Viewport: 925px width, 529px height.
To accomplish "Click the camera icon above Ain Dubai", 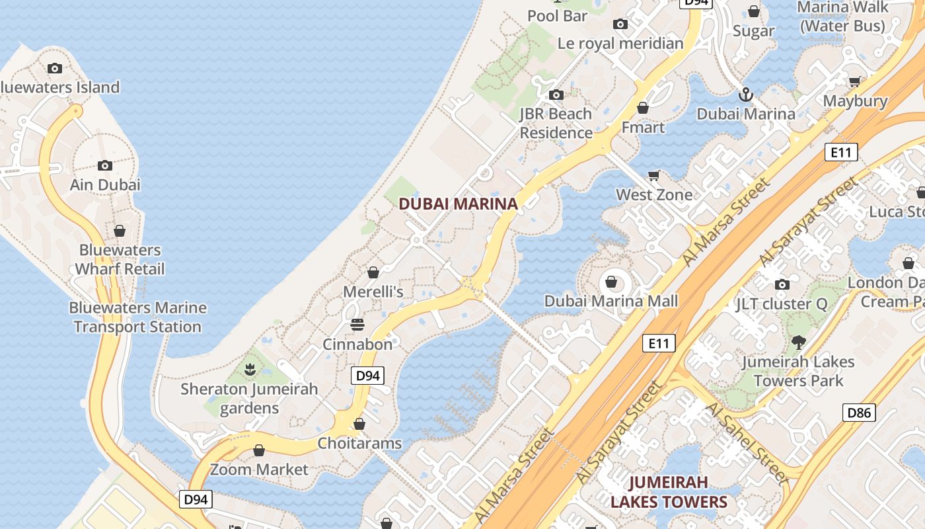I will (x=105, y=165).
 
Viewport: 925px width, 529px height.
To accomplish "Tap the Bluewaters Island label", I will (x=59, y=87).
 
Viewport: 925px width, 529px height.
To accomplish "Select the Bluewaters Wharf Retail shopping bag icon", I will (x=120, y=231).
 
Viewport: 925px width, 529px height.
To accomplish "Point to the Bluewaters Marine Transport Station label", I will (x=137, y=317).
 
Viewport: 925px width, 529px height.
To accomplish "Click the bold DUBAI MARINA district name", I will (x=458, y=204).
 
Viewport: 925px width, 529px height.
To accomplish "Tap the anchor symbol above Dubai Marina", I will (x=746, y=95).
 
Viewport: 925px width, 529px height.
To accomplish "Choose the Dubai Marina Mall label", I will (x=611, y=302).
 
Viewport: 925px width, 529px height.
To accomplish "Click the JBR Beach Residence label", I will (x=556, y=123).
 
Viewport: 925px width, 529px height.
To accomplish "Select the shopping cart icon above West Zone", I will (x=654, y=175).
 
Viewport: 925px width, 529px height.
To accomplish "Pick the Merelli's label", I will (x=373, y=292).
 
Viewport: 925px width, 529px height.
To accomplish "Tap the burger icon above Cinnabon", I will (x=357, y=325).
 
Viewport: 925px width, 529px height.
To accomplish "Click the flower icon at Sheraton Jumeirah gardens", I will (x=250, y=369).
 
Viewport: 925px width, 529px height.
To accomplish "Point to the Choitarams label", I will (x=359, y=443).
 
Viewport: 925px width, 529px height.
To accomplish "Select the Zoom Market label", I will (x=259, y=469).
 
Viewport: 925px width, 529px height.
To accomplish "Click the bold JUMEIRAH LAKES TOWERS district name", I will (x=668, y=492).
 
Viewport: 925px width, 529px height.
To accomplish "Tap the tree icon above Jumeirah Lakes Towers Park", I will (x=799, y=342).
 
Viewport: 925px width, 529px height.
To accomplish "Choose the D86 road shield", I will (x=859, y=413).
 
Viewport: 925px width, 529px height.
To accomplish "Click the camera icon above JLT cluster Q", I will (x=782, y=284).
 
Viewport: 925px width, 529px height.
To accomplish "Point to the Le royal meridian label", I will (x=620, y=44).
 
